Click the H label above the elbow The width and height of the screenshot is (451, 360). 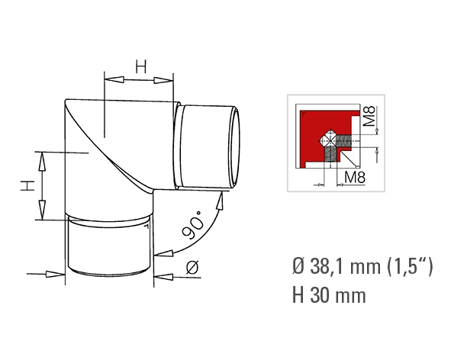[141, 66]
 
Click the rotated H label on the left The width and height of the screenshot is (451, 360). [27, 185]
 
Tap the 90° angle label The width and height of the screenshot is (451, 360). [193, 224]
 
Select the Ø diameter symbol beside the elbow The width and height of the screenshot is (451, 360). [192, 268]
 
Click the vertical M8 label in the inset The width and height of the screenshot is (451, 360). [369, 116]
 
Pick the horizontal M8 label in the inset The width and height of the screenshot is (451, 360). [355, 177]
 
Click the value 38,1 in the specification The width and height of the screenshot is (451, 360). [328, 266]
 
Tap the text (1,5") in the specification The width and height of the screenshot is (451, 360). [410, 266]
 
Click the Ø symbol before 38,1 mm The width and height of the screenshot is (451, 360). [299, 266]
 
